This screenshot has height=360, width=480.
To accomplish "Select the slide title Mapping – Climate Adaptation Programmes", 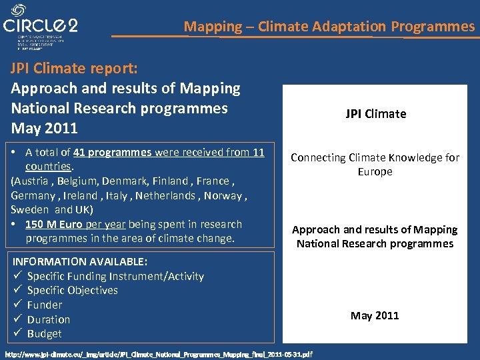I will click(x=329, y=27).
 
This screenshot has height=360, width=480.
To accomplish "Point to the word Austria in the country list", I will click(x=33, y=181).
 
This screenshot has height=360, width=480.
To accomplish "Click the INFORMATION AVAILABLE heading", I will click(x=80, y=261).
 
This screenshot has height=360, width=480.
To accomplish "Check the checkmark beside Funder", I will click(x=17, y=305).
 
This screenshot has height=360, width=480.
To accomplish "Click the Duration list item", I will click(x=48, y=319).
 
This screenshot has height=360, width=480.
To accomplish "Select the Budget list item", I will click(x=44, y=333).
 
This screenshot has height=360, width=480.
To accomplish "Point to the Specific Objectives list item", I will click(x=72, y=290).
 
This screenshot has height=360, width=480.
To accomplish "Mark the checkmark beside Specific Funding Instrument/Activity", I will click(x=17, y=276).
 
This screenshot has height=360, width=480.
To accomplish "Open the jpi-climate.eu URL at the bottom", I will click(x=158, y=354).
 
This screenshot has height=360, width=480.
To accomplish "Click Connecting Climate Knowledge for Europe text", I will click(x=375, y=164).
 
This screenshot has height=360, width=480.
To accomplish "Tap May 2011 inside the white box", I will click(x=375, y=315).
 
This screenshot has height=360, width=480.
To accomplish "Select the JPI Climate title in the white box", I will click(x=375, y=113).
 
